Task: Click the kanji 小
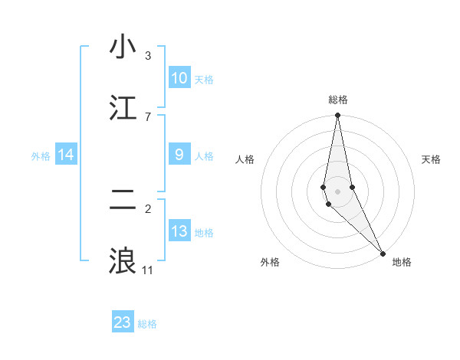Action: click(123, 47)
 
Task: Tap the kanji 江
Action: click(123, 108)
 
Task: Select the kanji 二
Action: click(123, 200)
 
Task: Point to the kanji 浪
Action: click(123, 261)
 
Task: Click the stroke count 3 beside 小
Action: click(148, 56)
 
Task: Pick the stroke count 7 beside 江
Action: click(148, 116)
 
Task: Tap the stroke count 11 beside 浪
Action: click(148, 270)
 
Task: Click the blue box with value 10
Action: click(179, 78)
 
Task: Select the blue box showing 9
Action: click(179, 155)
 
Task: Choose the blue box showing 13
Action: click(179, 231)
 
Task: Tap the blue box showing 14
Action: click(66, 155)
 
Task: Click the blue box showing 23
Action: click(123, 322)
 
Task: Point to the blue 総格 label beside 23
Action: click(147, 324)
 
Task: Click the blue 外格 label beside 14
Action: click(41, 156)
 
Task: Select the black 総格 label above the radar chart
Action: click(338, 100)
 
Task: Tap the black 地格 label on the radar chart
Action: click(402, 262)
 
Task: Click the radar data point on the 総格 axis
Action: click(337, 116)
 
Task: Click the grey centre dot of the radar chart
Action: click(337, 191)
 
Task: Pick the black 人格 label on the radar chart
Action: click(245, 159)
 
